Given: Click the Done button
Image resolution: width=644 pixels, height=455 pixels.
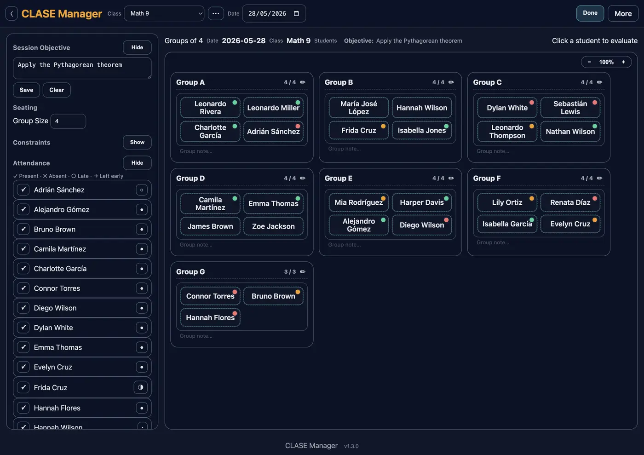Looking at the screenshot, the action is [x=590, y=13].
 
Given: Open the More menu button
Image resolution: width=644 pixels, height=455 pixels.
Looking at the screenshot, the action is [x=623, y=13].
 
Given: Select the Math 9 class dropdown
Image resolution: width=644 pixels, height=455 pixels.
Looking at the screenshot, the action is [x=164, y=13].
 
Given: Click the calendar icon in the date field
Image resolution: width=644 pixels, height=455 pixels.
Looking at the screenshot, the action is [x=296, y=13].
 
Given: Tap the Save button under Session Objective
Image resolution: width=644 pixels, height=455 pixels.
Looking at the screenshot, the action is [x=26, y=90].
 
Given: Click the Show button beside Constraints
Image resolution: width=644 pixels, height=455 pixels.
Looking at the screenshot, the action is [x=137, y=142].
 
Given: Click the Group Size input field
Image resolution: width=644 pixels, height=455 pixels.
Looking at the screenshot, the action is [x=68, y=121].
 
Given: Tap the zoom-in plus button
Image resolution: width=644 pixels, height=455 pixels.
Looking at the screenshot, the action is [x=623, y=62].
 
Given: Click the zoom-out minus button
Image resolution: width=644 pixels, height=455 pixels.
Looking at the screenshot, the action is [x=589, y=62].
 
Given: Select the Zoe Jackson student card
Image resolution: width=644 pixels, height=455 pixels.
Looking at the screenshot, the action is [x=273, y=226].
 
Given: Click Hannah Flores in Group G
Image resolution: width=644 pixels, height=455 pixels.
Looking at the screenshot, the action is [x=210, y=317].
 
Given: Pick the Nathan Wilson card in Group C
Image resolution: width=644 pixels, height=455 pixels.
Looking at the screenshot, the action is [x=570, y=131].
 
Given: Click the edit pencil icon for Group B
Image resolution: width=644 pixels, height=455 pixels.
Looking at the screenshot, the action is [x=451, y=82].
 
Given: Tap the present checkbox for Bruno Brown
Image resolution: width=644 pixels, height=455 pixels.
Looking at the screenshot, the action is [x=23, y=229].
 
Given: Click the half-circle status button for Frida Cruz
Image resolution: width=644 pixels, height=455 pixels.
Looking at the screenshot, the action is [x=141, y=387].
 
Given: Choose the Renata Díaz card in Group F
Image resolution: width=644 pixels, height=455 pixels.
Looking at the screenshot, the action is [x=570, y=202].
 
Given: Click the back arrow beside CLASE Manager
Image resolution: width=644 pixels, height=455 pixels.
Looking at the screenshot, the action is [x=11, y=13].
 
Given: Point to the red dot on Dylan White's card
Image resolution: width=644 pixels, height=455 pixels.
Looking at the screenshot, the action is [x=532, y=103].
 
